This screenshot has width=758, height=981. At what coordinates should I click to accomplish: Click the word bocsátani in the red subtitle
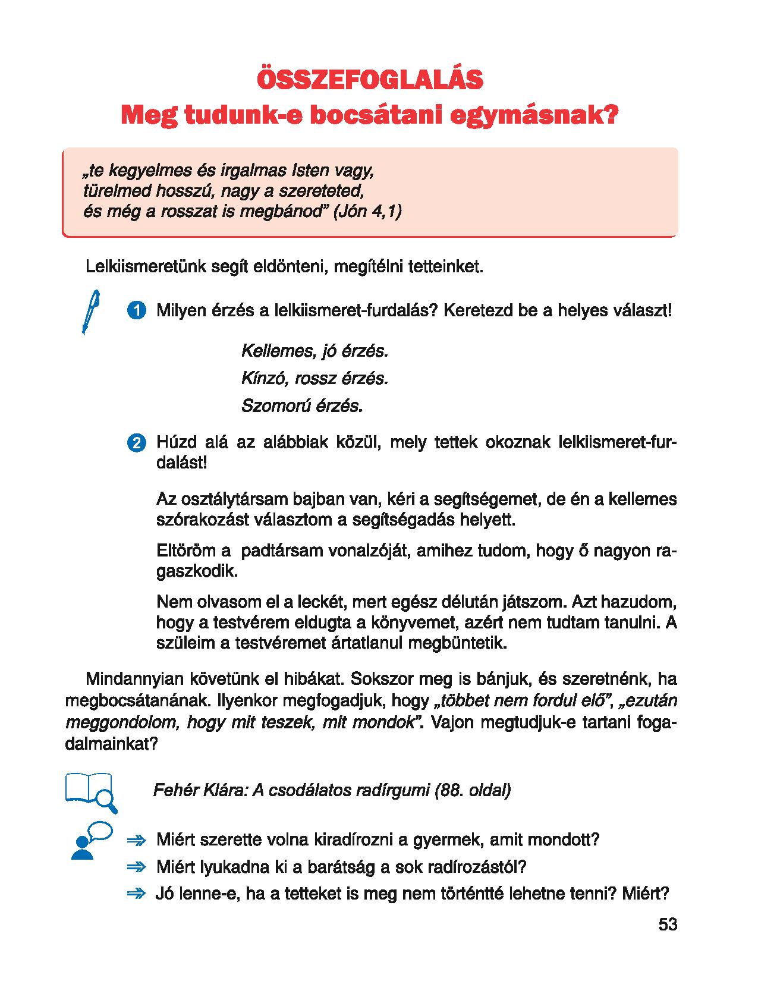click(x=380, y=115)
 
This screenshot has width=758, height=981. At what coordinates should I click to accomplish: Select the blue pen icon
click(x=90, y=312)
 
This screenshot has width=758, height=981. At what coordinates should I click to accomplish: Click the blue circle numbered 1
click(x=137, y=311)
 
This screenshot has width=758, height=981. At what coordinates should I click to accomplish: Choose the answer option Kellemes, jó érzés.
click(x=314, y=351)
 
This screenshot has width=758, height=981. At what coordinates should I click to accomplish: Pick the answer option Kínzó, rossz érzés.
click(x=314, y=378)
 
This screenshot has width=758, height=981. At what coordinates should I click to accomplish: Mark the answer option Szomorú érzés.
click(x=302, y=406)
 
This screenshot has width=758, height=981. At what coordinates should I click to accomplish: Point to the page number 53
click(x=668, y=925)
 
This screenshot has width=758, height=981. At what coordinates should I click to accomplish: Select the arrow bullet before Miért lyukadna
click(x=136, y=867)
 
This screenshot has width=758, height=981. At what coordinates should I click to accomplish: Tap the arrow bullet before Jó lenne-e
click(x=136, y=894)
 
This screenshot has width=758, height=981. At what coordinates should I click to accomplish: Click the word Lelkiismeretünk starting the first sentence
click(x=146, y=266)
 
